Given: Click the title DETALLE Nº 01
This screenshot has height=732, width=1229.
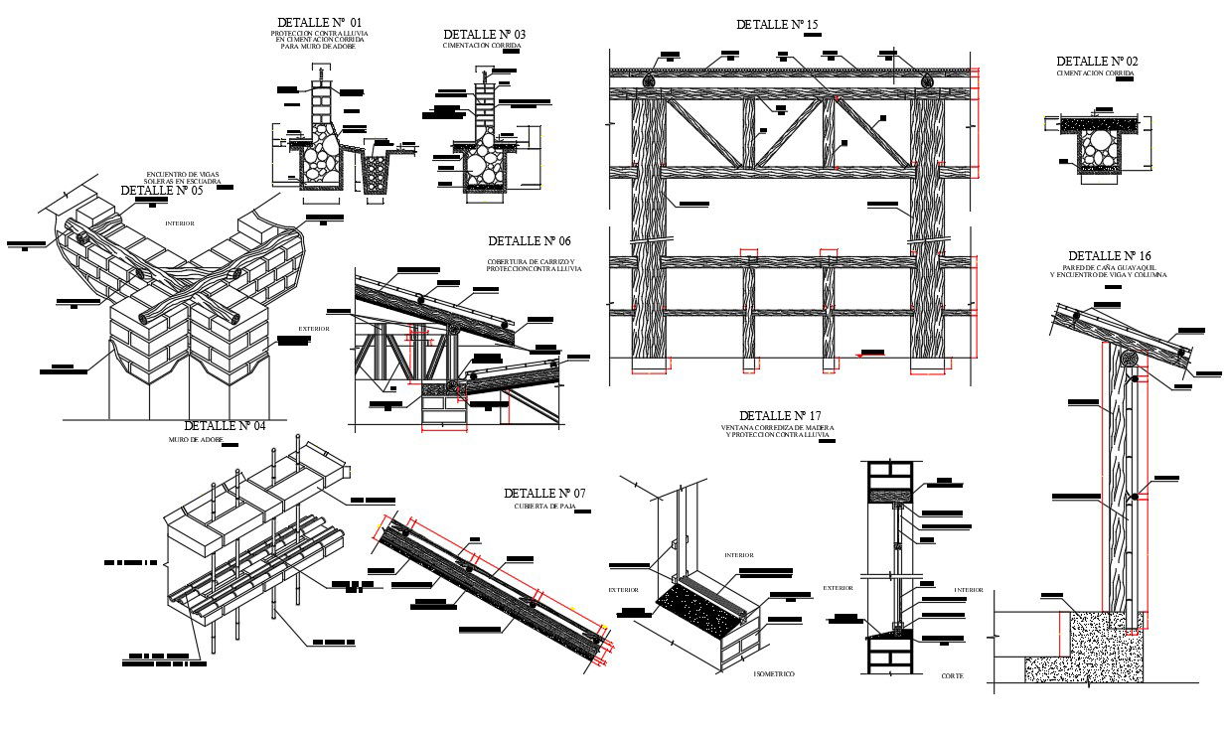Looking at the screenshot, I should point(320,22).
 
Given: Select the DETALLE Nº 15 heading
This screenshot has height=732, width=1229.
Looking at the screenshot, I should point(777,24).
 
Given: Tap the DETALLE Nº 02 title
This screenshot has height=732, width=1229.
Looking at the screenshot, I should point(1097,62).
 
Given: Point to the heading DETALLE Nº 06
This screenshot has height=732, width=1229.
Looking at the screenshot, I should point(530,241).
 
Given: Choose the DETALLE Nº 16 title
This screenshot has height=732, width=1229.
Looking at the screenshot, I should point(1109,256).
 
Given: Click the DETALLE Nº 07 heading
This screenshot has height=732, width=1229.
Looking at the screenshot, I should point(544,494).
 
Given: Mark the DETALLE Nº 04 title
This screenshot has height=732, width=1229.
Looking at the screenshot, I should point(225,426).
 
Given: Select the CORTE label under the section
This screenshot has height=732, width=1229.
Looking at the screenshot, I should point(952,675).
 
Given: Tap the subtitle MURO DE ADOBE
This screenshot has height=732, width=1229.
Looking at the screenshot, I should point(196,439).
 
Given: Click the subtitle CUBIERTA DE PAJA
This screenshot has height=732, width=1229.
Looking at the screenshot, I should point(544,507).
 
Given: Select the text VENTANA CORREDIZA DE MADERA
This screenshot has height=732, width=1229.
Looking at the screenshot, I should point(778,428).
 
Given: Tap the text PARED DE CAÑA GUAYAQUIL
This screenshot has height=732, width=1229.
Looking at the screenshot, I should point(1109,268).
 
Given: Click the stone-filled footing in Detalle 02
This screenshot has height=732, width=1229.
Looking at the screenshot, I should point(1098,147).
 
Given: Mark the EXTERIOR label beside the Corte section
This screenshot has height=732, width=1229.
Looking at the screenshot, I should point(838,588).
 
